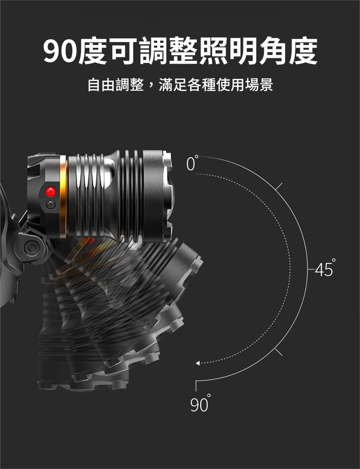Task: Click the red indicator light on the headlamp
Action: (x=51, y=191)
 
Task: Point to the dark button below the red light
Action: (x=51, y=205)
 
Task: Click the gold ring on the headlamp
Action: (x=63, y=196)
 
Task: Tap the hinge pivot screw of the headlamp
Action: (x=31, y=247)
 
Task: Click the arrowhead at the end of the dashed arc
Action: (x=198, y=363)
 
